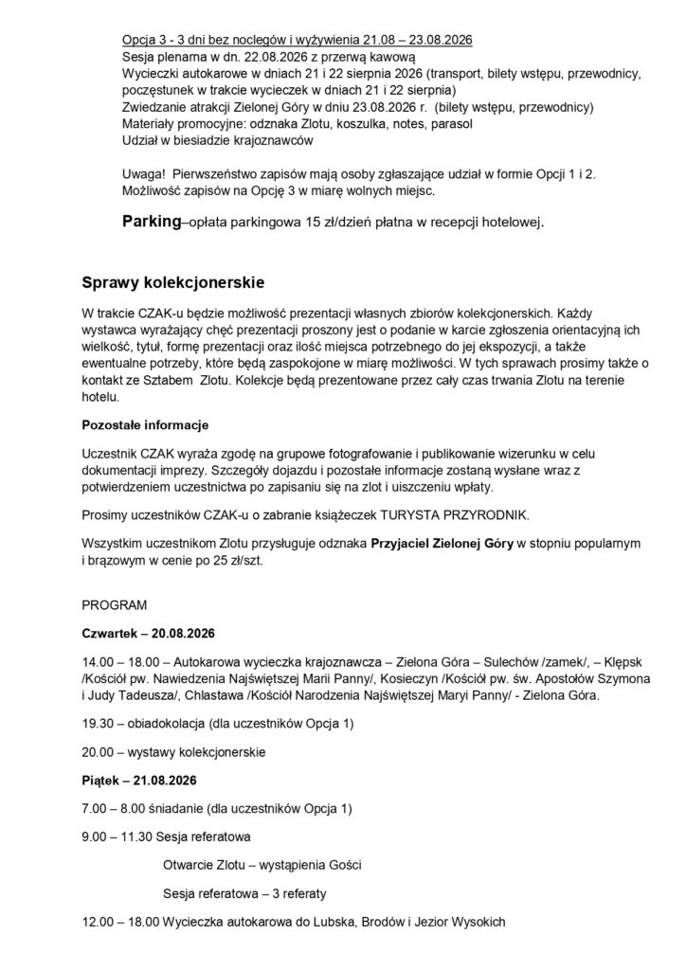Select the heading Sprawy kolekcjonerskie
(174, 282)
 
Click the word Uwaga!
(145, 175)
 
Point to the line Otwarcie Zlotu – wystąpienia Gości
(262, 866)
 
